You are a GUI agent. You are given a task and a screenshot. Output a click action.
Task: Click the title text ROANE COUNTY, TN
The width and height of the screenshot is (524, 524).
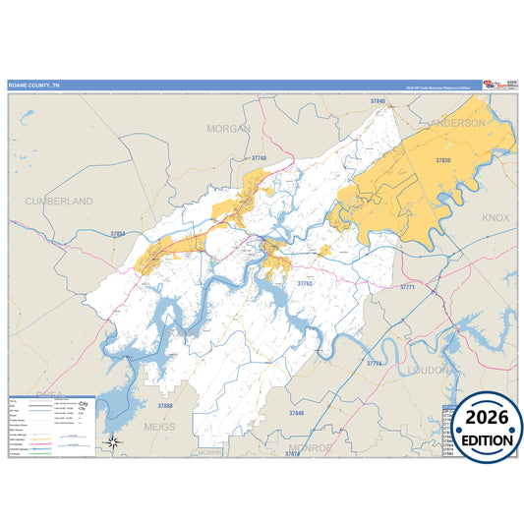[x=34, y=86]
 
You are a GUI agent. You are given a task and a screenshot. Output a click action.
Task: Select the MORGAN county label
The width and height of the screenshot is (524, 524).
[x=228, y=129]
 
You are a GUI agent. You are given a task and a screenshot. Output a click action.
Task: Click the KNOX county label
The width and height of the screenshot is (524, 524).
[x=494, y=216]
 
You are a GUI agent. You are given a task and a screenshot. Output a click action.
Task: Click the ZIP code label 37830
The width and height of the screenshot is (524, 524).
[x=442, y=159]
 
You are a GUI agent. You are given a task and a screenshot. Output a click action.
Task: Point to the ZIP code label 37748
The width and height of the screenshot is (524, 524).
[x=259, y=157]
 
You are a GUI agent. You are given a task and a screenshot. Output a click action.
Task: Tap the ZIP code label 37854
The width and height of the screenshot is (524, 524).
[x=119, y=235]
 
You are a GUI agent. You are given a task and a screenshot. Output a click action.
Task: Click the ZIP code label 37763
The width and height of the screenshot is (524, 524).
[x=305, y=284]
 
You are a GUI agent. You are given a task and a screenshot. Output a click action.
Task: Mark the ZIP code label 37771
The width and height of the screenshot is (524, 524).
[x=407, y=287]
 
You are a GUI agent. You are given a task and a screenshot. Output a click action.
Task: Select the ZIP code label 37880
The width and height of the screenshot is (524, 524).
[x=165, y=405]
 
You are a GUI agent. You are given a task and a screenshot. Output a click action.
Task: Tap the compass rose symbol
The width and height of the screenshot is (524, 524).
[x=114, y=442]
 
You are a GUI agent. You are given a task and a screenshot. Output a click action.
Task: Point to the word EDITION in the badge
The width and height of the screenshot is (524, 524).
[x=482, y=439]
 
